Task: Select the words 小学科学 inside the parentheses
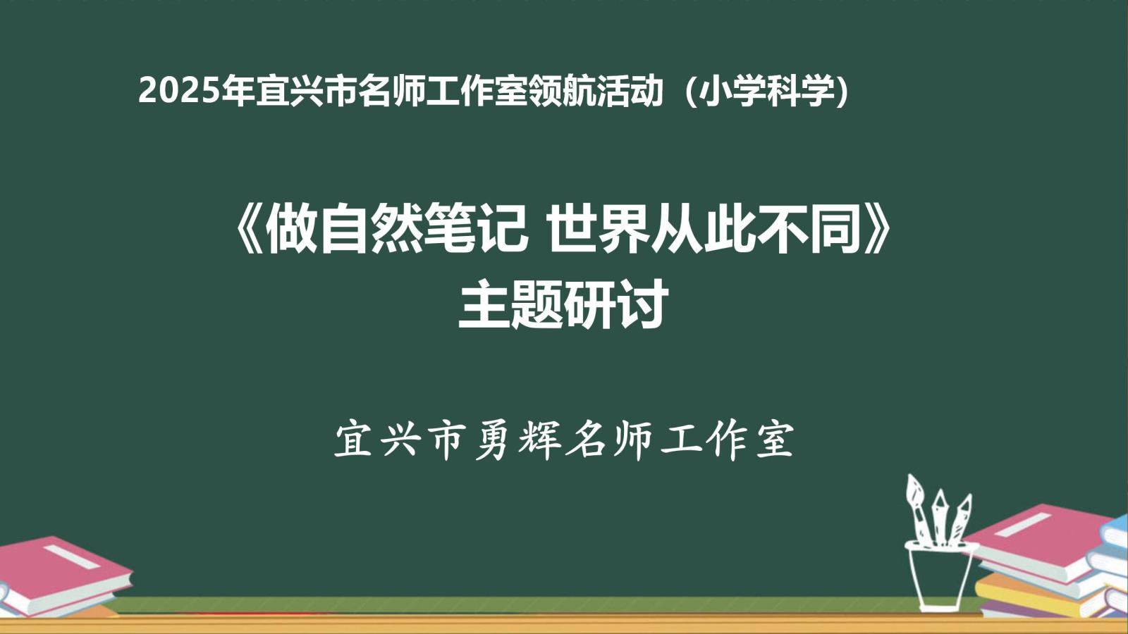(767, 92)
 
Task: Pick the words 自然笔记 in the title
(423, 232)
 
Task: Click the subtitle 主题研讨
(563, 304)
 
